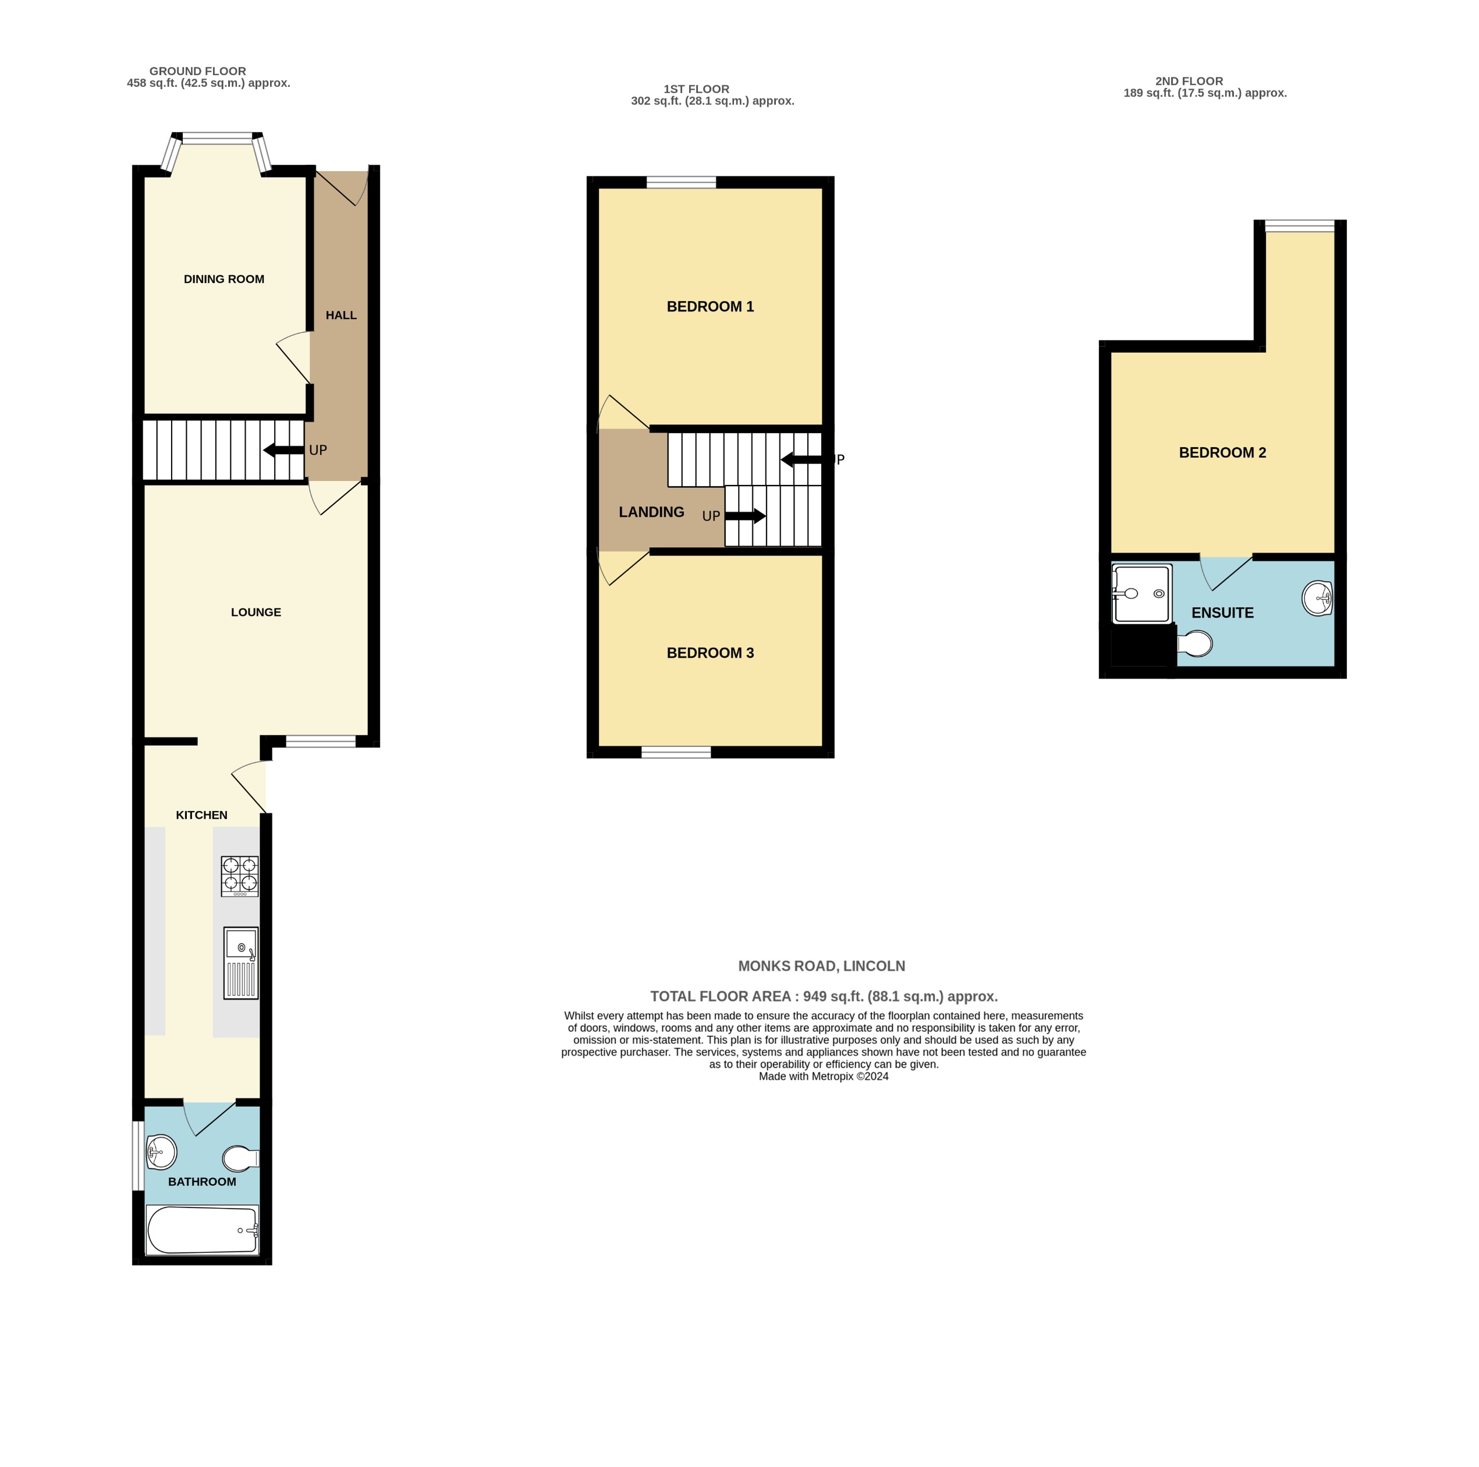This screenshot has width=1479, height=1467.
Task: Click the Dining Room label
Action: tap(224, 279)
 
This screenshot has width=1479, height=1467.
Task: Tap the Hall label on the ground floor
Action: tap(341, 316)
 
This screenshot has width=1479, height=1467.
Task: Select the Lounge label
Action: tap(256, 612)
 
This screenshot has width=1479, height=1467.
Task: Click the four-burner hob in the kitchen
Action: tap(240, 876)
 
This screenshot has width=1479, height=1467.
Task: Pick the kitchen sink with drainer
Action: tap(240, 963)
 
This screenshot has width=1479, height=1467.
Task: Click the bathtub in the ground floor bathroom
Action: tap(202, 1231)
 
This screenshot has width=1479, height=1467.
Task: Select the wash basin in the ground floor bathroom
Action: tap(161, 1152)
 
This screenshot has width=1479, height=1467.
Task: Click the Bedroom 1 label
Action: tap(710, 307)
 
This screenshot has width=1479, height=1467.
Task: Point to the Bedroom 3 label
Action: tap(710, 653)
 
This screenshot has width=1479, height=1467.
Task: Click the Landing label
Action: tap(651, 512)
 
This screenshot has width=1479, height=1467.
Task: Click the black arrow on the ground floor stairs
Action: tap(283, 450)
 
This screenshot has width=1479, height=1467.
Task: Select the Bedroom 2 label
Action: tap(1222, 452)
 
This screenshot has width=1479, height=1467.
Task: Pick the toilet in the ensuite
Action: tap(1195, 644)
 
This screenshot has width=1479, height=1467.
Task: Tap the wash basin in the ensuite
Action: tap(1317, 597)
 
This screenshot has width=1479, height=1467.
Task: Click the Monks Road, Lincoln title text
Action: tap(821, 966)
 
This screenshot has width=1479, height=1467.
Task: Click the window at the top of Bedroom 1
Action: tap(680, 182)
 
